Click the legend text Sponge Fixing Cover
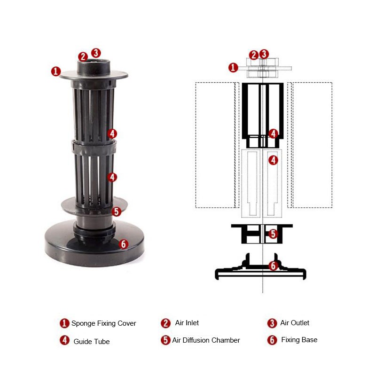click(x=103, y=323)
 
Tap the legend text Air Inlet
click(x=187, y=323)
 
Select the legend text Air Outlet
click(x=295, y=323)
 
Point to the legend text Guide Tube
click(x=92, y=342)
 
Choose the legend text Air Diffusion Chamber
click(x=206, y=340)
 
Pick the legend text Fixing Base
click(x=299, y=340)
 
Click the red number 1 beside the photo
click(x=56, y=71)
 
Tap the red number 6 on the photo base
click(x=123, y=244)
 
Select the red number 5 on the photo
click(x=116, y=211)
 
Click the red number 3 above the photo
click(x=96, y=53)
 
